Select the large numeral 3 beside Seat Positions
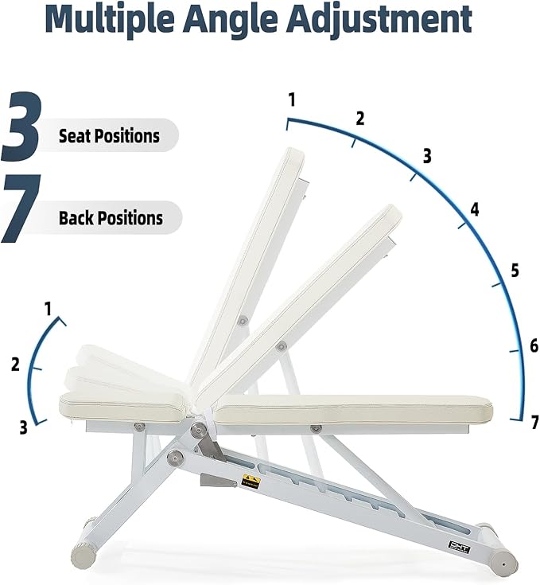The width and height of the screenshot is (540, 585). [x=21, y=126]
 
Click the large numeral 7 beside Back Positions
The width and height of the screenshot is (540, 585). [x=21, y=209]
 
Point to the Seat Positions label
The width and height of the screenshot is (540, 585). [x=109, y=136]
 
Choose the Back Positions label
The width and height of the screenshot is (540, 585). [x=111, y=218]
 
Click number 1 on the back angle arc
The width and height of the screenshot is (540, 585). [x=292, y=99]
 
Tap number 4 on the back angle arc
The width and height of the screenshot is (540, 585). [x=475, y=209]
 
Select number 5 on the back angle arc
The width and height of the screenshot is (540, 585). [x=515, y=270]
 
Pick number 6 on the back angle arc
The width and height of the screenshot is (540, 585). [x=534, y=346]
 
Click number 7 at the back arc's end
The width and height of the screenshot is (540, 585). [x=534, y=423]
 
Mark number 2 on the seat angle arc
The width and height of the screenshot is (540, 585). [x=15, y=365]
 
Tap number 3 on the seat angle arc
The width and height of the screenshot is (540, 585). [x=24, y=427]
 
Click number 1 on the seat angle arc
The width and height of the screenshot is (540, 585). [x=48, y=309]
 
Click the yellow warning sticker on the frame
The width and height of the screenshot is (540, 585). [x=251, y=482]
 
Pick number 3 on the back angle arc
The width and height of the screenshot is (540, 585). [x=427, y=155]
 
